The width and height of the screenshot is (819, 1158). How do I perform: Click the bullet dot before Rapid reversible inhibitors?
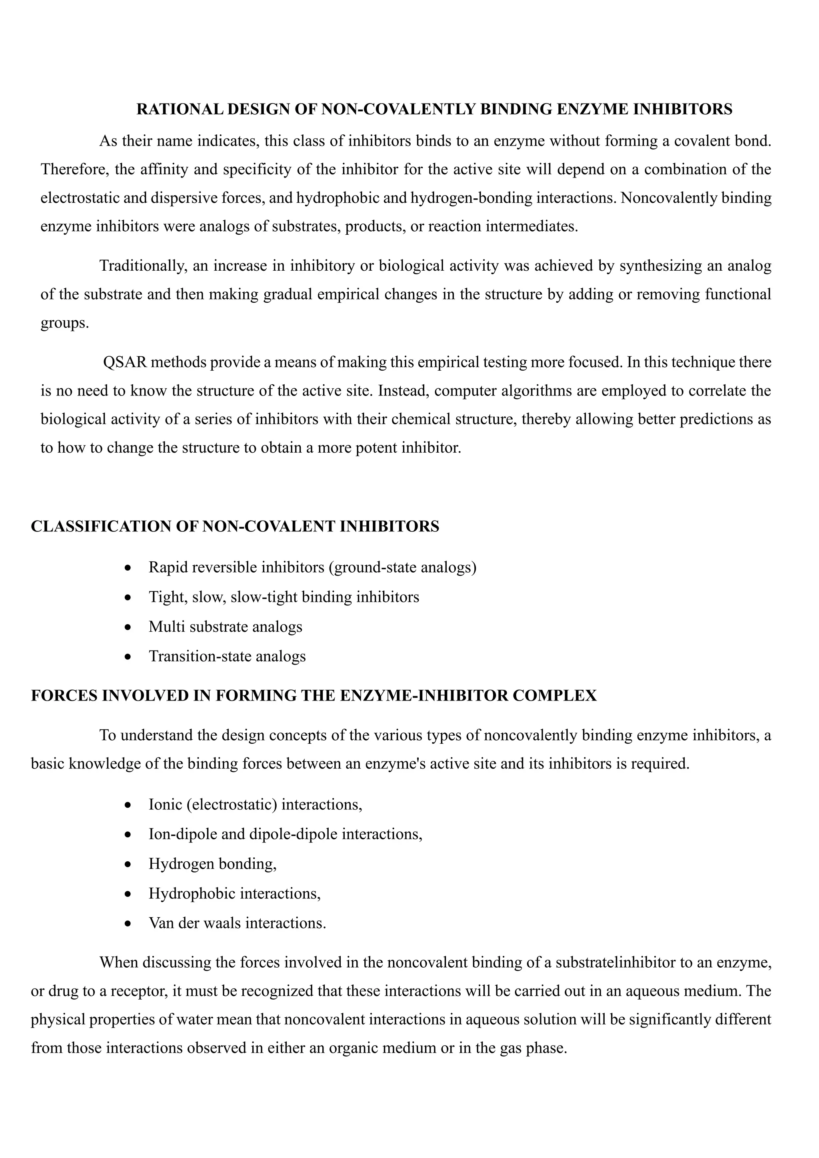129,569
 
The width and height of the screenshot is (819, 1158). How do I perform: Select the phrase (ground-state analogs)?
402,567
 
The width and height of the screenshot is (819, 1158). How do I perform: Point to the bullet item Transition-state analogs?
227,656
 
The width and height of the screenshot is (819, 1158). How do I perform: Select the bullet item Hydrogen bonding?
212,864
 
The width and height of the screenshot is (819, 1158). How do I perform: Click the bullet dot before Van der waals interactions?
129,924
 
